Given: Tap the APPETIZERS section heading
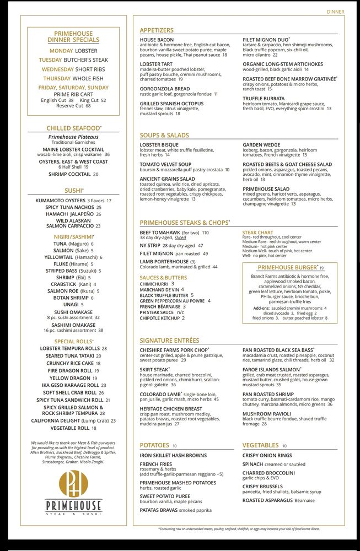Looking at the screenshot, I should [x=157, y=30].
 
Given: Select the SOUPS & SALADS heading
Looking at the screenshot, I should [x=164, y=135].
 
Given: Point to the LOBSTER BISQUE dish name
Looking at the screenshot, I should [x=159, y=145].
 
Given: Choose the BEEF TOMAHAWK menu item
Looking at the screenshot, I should [x=160, y=233].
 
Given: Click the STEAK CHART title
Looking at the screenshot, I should [x=257, y=233].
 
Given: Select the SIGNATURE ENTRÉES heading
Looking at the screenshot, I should [x=169, y=341].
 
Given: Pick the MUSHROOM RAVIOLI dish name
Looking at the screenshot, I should [x=267, y=413].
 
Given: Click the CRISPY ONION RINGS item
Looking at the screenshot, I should [x=267, y=456].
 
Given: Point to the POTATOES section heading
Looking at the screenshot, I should [x=154, y=445].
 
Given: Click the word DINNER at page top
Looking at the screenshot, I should [x=335, y=12].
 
